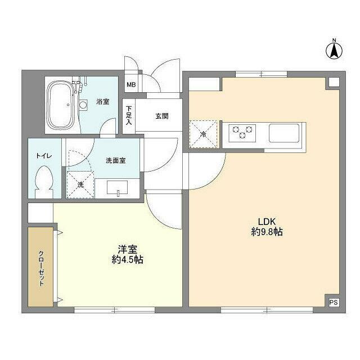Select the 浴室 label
pos(102,102)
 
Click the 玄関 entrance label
pos(162,116)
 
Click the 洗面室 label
pos(115,160)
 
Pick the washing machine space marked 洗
pos(79,184)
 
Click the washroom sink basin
pos(118,189)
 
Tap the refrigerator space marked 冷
pos(203,133)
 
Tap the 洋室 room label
pos(127,249)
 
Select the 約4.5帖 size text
pos(127,260)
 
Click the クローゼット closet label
pos(42,268)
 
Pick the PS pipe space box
pos(334,302)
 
